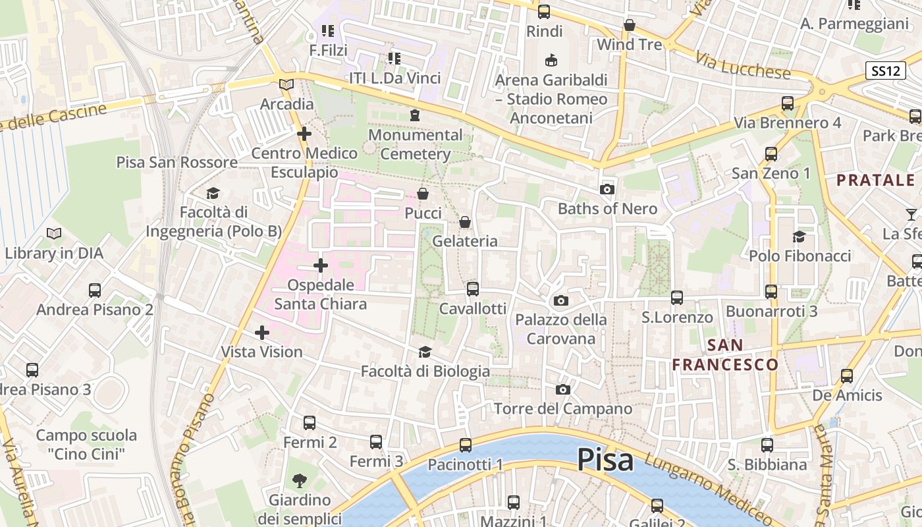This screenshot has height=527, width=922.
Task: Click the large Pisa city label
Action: pyautogui.click(x=605, y=460)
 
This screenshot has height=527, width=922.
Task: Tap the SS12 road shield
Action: pyautogui.click(x=885, y=71)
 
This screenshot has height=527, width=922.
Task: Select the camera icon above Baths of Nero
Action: pyautogui.click(x=607, y=190)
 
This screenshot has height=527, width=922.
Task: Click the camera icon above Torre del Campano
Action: pyautogui.click(x=562, y=390)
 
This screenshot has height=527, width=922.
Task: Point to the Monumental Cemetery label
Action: pyautogui.click(x=415, y=144)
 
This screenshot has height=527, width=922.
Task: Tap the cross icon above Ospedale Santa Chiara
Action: pyautogui.click(x=321, y=265)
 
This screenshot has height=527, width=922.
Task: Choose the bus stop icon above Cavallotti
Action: pyautogui.click(x=472, y=289)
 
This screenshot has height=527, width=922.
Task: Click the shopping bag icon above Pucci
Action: pyautogui.click(x=423, y=194)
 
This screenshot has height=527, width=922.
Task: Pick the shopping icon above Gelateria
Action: pyautogui.click(x=465, y=222)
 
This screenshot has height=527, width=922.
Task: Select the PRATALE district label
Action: pyautogui.click(x=875, y=180)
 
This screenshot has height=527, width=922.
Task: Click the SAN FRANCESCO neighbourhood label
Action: pyautogui.click(x=725, y=354)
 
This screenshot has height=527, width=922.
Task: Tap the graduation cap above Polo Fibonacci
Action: pyautogui.click(x=800, y=236)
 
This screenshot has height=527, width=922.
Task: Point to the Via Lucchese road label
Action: pyautogui.click(x=742, y=66)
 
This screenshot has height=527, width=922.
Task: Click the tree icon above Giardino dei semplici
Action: pyautogui.click(x=300, y=480)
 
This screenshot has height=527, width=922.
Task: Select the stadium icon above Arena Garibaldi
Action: pyautogui.click(x=551, y=61)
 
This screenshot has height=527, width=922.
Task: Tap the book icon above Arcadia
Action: pyautogui.click(x=286, y=84)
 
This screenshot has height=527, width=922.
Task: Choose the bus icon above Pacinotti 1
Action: pyautogui.click(x=466, y=445)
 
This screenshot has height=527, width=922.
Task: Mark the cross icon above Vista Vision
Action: pyautogui.click(x=262, y=333)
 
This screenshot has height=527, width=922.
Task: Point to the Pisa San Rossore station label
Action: pyautogui.click(x=177, y=162)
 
